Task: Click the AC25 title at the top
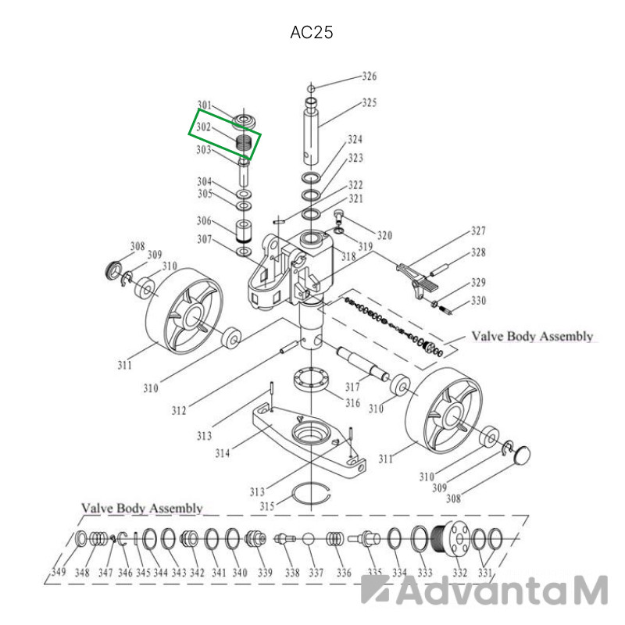point(311,33)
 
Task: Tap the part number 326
point(369,76)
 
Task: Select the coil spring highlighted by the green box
point(244,143)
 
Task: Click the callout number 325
point(369,102)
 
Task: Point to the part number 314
point(223,453)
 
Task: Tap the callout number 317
point(352,387)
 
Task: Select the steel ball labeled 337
point(308,539)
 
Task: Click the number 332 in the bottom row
point(459,573)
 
